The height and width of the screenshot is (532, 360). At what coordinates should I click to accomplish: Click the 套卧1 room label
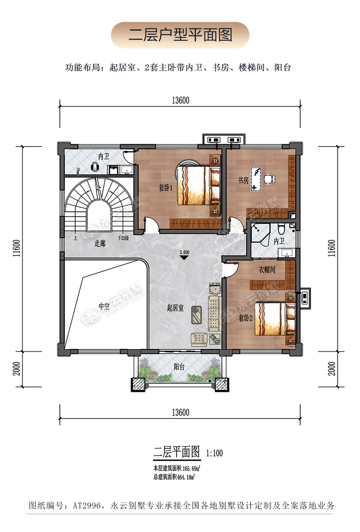tap(166, 188)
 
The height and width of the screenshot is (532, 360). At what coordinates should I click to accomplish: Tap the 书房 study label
tap(243, 180)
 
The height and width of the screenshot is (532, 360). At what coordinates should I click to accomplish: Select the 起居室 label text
tap(175, 308)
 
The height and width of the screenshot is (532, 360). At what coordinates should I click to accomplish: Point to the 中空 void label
tap(104, 306)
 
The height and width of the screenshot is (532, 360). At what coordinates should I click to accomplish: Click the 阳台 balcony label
tap(179, 367)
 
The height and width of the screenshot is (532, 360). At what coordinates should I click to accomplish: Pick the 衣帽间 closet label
tap(267, 270)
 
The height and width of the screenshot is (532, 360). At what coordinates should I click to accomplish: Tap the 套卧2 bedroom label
tap(245, 318)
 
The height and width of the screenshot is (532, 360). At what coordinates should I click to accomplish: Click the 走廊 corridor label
tap(100, 243)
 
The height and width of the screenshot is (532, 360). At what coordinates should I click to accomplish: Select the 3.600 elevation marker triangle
tap(184, 257)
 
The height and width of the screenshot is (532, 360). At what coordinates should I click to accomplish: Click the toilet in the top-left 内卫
tap(95, 166)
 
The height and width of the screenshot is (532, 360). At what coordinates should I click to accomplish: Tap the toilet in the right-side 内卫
tap(281, 229)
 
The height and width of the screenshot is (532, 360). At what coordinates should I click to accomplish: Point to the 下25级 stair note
tap(123, 238)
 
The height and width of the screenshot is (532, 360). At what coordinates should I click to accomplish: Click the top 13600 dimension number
tap(180, 100)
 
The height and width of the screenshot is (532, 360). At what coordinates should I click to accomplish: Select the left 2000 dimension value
tap(17, 369)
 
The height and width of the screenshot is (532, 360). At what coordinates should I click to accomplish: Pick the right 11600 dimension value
tap(332, 248)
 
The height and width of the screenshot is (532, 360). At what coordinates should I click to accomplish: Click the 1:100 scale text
tap(215, 453)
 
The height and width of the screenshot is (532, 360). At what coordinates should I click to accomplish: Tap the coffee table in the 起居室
tap(197, 315)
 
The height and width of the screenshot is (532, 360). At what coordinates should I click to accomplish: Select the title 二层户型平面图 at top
tap(180, 35)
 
